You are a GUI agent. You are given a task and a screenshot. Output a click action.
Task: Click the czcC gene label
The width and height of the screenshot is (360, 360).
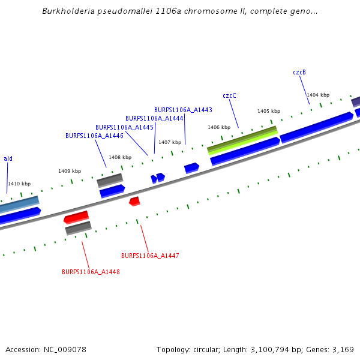point(229,95)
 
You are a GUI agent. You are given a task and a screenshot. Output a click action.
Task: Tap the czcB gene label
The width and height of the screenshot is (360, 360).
point(299,73)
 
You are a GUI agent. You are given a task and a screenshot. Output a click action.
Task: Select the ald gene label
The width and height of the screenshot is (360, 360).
point(8,158)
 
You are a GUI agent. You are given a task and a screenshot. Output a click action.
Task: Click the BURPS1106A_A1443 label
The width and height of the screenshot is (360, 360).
point(183,110)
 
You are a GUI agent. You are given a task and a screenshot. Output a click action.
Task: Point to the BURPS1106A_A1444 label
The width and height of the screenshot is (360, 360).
point(154,118)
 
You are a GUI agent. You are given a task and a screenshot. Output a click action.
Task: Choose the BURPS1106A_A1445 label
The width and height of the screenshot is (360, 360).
point(124,127)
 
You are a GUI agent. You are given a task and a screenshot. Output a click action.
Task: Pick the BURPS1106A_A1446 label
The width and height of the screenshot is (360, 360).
point(94,136)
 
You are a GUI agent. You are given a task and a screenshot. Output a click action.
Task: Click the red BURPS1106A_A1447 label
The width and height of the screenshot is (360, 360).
point(150,256)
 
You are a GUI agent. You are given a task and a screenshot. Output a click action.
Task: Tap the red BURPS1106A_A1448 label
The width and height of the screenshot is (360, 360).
point(91,272)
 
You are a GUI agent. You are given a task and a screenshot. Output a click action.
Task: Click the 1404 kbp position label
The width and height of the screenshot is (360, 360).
point(318,95)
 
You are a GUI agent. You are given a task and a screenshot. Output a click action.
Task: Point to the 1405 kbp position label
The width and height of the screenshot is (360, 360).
point(269,111)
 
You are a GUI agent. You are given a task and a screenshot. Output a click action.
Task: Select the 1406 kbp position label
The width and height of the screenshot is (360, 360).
point(219,127)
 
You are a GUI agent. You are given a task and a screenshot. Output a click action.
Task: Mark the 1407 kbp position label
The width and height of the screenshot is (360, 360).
point(170,142)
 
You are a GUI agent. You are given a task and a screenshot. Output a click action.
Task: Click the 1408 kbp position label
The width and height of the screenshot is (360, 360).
point(120,157)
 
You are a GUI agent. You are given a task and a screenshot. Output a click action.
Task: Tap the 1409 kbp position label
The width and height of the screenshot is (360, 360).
point(70,171)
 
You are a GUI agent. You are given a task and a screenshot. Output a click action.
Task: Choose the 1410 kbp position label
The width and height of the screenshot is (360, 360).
point(19,184)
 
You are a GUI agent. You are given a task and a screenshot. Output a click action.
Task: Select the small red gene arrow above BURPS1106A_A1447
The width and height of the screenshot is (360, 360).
point(134,201)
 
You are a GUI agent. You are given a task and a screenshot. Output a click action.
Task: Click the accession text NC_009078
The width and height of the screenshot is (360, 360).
point(63,349)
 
